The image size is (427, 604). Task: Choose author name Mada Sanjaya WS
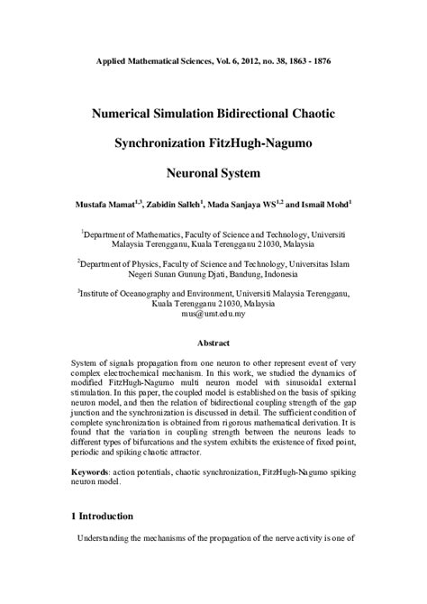point(251,206)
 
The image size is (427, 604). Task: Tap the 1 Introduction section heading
point(102,517)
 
